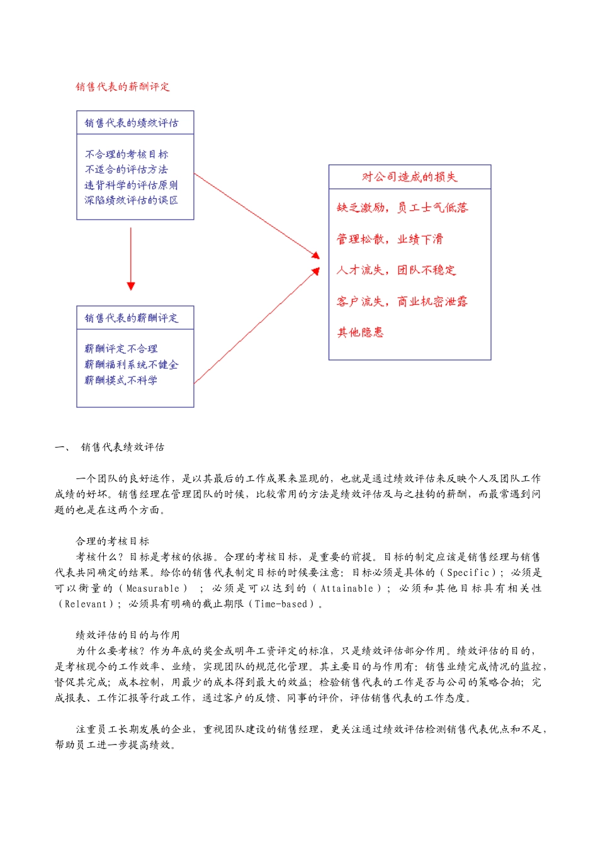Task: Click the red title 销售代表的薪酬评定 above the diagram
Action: (x=123, y=87)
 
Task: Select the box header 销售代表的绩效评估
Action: (x=132, y=123)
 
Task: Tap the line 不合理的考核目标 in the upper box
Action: (x=127, y=154)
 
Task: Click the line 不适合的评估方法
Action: (x=127, y=169)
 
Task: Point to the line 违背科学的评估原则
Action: (x=131, y=185)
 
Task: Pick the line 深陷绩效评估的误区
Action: (x=131, y=200)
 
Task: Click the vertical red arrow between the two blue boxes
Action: (x=131, y=258)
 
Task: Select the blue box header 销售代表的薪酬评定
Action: (x=132, y=318)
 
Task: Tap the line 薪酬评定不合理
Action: (x=121, y=349)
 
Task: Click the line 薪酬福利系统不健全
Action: (x=131, y=364)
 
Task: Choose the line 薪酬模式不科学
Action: (x=121, y=380)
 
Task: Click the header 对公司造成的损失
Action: (x=409, y=177)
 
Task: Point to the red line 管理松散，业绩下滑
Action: (x=390, y=239)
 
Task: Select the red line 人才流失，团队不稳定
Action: (x=396, y=270)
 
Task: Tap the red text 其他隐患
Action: (x=360, y=332)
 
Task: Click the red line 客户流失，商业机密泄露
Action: (x=402, y=302)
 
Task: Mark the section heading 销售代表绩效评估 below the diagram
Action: (x=123, y=447)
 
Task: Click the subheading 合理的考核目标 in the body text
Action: (x=113, y=541)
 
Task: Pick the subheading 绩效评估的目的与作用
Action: (x=128, y=635)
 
